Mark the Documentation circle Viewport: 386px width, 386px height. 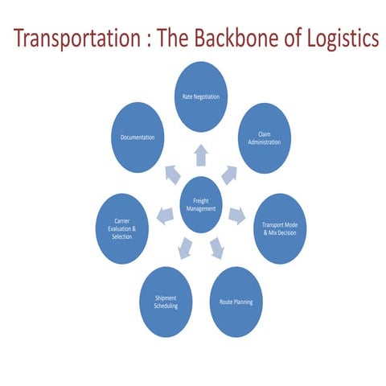(138, 138)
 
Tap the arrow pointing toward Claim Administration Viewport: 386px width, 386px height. (229, 172)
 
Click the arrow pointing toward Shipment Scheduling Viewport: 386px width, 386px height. (184, 247)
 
